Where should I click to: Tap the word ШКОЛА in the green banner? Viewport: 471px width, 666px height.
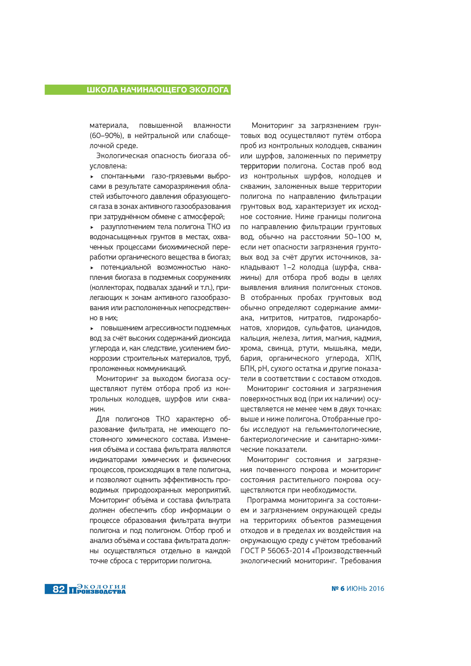click(x=102, y=90)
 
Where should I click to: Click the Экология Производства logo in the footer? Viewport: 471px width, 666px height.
click(x=97, y=589)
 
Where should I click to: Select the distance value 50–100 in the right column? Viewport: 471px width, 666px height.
click(x=357, y=237)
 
